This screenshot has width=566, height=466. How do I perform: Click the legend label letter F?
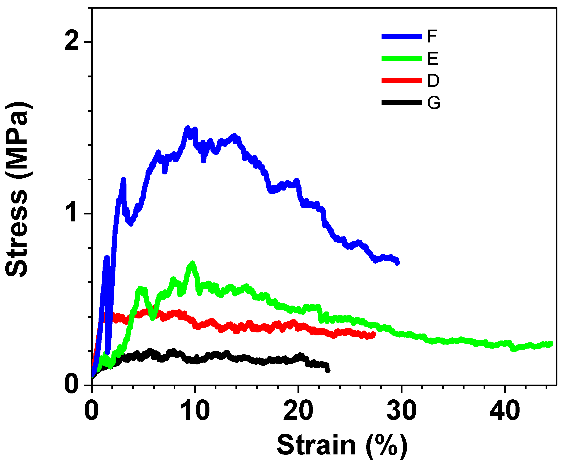(432, 36)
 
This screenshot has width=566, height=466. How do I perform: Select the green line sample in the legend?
(402, 59)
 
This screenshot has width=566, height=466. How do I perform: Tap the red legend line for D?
(402, 81)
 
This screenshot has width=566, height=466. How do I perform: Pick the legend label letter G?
(434, 103)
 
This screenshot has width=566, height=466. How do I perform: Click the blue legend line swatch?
(402, 37)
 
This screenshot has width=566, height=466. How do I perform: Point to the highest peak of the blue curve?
(188, 128)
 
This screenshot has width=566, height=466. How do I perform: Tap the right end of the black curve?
(328, 370)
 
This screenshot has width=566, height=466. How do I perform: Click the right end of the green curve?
(551, 343)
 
